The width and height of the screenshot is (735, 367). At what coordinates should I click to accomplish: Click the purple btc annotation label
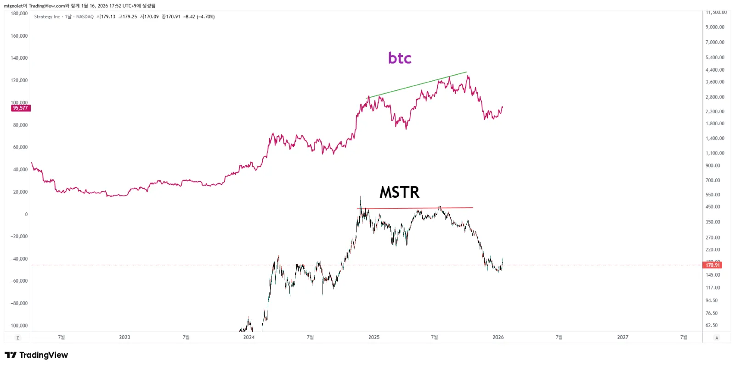click(400, 58)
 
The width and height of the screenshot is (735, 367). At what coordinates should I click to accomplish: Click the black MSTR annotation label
click(399, 192)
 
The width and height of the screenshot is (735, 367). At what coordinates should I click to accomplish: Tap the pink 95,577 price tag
click(20, 108)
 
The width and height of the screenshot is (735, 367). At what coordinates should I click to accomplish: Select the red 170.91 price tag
click(712, 265)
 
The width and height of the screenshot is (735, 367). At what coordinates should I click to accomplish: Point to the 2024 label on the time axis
click(249, 337)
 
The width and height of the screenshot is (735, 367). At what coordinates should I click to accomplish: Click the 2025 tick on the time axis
click(374, 337)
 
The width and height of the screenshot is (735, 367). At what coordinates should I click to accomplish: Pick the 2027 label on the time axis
click(622, 337)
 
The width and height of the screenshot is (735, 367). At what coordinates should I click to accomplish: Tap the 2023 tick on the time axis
click(124, 337)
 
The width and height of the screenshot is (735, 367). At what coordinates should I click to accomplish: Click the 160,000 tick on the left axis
click(19, 36)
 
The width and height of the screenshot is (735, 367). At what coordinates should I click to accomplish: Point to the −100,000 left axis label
click(18, 326)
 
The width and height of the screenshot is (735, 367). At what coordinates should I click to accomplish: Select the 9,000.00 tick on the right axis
click(715, 27)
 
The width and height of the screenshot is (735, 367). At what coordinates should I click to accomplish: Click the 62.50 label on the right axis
click(712, 325)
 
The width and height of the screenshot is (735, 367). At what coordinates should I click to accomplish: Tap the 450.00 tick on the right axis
click(713, 207)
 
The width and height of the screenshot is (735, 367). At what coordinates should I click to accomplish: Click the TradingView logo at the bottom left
click(36, 355)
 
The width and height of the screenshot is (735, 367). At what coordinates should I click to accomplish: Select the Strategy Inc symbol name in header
click(47, 17)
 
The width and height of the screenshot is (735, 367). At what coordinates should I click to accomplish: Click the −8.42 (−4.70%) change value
click(199, 17)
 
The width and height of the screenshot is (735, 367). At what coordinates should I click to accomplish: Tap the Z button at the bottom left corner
click(18, 338)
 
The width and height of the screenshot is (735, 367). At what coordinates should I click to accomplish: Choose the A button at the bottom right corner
click(717, 338)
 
